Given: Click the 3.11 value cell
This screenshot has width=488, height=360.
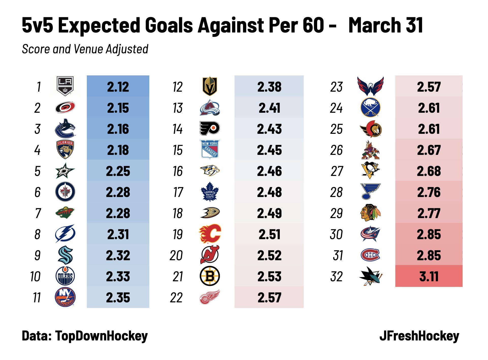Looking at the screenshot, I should tap(429, 276).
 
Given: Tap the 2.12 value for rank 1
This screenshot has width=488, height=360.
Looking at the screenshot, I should tap(118, 87).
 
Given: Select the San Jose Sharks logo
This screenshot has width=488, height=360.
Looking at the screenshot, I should tap(370, 276).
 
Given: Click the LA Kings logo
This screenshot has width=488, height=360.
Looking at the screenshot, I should tap(65, 86).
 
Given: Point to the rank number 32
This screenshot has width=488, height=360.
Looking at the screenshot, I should tap(336, 276).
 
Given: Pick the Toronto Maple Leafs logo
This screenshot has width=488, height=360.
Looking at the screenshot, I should tap(210, 192).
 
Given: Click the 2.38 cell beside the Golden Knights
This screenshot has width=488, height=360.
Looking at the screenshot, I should tap(269, 87).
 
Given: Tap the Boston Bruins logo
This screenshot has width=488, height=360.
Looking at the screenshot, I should tap(210, 276).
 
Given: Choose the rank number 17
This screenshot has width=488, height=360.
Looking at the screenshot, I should tap(178, 192).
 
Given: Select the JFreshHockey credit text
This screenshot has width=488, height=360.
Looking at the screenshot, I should tap(419, 336).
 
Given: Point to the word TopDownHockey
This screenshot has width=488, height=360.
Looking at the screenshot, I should tap(101, 336).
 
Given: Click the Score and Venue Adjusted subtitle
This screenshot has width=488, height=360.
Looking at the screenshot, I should tap(85, 49).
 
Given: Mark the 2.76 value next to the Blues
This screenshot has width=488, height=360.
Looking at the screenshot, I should tap(429, 192).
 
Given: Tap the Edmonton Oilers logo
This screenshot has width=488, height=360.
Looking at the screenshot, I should tap(65, 276).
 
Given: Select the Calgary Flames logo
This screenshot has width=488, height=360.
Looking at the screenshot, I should tap(210, 234).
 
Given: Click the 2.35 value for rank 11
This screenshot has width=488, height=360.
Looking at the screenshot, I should tap(118, 298).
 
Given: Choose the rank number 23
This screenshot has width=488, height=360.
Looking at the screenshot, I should tap(336, 87).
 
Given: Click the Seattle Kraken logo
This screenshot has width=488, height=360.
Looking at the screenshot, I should tap(65, 255).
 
